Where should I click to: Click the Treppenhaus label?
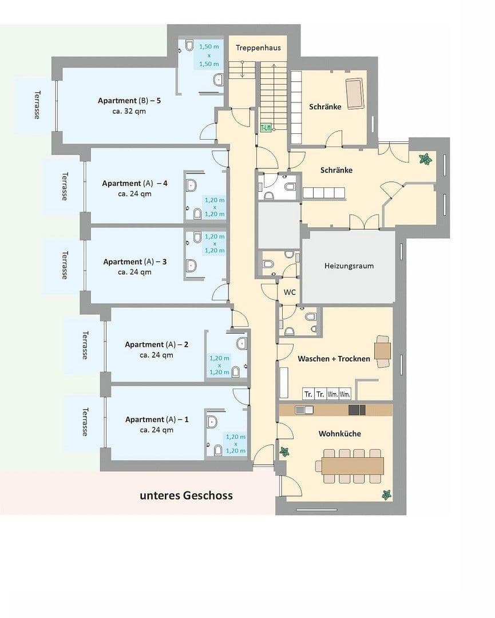(x=258, y=47)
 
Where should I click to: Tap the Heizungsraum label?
(x=349, y=266)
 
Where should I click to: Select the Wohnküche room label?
(x=339, y=434)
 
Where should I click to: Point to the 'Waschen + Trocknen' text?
(x=334, y=359)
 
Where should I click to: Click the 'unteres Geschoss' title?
(x=186, y=495)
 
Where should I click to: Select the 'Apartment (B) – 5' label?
(x=129, y=101)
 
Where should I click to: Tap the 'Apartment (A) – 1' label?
(x=156, y=419)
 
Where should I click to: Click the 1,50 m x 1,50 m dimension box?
(x=209, y=56)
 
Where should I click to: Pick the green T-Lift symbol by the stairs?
(x=266, y=128)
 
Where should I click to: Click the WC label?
(x=290, y=292)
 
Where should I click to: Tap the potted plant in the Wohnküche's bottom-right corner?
(x=387, y=494)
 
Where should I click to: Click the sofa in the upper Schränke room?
(x=354, y=94)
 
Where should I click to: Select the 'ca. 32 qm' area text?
(x=129, y=111)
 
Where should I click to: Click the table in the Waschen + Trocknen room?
(x=383, y=350)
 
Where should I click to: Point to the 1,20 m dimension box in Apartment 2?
(x=219, y=365)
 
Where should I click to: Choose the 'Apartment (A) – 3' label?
(x=135, y=262)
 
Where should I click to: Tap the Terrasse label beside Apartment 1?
(x=85, y=421)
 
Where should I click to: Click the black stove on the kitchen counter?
(x=357, y=410)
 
